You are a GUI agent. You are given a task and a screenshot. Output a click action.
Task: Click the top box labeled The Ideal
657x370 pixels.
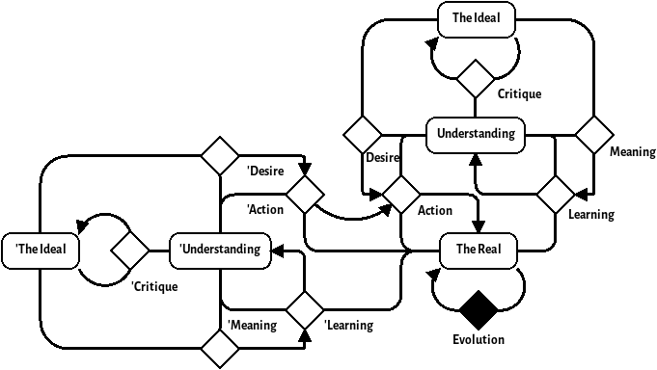pos(476,19)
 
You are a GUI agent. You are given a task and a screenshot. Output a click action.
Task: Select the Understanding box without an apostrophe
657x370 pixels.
pos(476,135)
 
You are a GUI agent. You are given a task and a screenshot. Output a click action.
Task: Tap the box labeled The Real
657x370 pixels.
pos(478,251)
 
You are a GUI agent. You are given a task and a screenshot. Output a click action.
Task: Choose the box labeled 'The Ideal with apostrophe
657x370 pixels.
pos(40,251)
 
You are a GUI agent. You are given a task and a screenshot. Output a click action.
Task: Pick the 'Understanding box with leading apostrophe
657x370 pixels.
pos(220,251)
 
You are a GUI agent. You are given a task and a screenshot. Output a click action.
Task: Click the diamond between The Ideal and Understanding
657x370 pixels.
pos(475,79)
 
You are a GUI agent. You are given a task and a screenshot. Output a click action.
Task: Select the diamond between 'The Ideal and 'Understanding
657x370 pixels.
pos(130,251)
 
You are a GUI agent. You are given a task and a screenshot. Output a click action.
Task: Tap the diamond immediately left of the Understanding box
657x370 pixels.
pos(363,135)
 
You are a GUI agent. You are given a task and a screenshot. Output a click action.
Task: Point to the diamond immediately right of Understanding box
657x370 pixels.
pos(594,135)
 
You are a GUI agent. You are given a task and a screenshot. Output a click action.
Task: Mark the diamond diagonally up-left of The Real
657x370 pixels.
pos(401,195)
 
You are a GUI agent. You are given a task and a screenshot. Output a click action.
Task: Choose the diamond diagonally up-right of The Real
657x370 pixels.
pos(556,195)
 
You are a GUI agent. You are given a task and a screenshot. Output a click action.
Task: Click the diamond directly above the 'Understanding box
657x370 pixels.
pos(220,156)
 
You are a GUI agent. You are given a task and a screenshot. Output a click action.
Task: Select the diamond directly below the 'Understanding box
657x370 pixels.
pos(220,349)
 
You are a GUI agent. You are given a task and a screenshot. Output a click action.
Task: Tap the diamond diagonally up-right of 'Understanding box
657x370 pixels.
pos(305,195)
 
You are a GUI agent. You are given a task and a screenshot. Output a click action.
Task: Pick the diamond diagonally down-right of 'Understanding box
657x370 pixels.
pos(305,310)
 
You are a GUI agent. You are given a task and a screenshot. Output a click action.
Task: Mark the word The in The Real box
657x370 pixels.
pos(465,251)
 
